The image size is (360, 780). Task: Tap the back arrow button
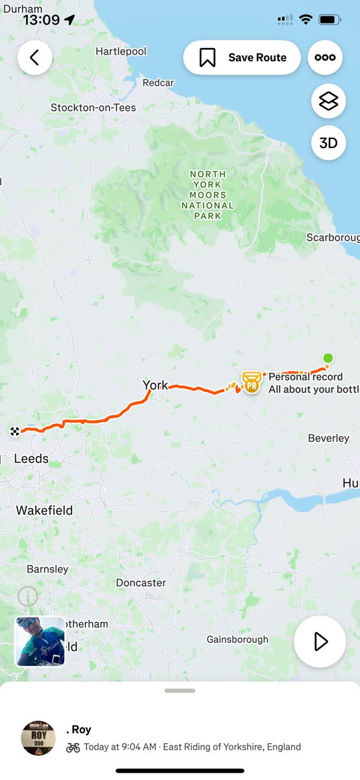pyautogui.click(x=34, y=58)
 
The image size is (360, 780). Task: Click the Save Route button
pyautogui.click(x=242, y=58)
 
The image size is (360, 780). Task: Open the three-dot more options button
pyautogui.click(x=325, y=58)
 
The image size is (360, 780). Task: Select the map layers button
pyautogui.click(x=328, y=101)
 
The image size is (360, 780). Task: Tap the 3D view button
pyautogui.click(x=328, y=142)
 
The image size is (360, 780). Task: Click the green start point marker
pyautogui.click(x=328, y=358)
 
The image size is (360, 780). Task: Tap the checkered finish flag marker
pyautogui.click(x=14, y=431)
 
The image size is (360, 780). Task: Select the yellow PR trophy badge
pyautogui.click(x=251, y=382)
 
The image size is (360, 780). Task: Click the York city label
pyautogui.click(x=155, y=385)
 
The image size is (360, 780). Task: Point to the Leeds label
pyautogui.click(x=31, y=459)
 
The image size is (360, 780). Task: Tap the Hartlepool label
pyautogui.click(x=121, y=51)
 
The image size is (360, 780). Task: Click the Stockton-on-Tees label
pyautogui.click(x=94, y=107)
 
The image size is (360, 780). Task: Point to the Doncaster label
pyautogui.click(x=141, y=583)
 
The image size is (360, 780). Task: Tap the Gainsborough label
pyautogui.click(x=237, y=640)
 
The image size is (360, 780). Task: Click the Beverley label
pyautogui.click(x=328, y=439)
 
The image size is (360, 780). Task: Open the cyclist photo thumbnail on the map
pyautogui.click(x=40, y=642)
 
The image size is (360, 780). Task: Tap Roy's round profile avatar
pyautogui.click(x=38, y=738)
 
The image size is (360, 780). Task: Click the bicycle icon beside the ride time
pyautogui.click(x=73, y=747)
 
